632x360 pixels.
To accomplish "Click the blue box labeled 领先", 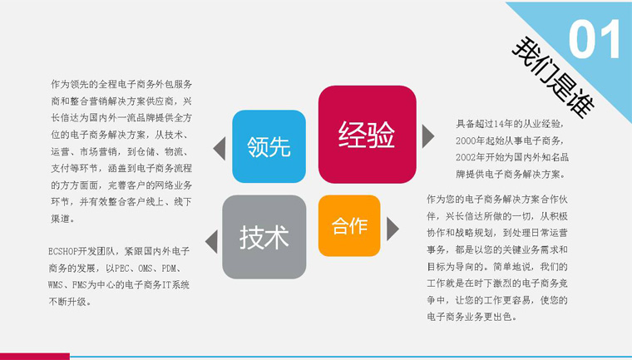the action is [x=269, y=146].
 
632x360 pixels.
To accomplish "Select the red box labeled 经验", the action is [x=368, y=134].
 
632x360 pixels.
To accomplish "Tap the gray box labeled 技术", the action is [x=264, y=237].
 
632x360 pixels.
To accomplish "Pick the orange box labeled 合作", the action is [x=349, y=226].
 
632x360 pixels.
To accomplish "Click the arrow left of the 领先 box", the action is [x=220, y=148].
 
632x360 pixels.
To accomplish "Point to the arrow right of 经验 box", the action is [x=428, y=136].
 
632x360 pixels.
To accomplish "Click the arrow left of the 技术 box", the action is [x=211, y=242].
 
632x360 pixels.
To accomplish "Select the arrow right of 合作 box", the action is [x=393, y=229].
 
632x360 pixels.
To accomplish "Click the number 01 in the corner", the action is [x=595, y=40].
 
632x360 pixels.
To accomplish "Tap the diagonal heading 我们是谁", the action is [x=553, y=77].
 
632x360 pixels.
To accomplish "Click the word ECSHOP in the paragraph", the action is [x=62, y=252].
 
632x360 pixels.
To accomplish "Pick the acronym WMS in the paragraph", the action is [x=55, y=285].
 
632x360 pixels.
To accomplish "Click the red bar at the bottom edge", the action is [x=35, y=357].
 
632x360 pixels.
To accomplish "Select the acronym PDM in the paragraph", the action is [x=169, y=268].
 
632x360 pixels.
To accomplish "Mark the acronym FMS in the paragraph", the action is [x=79, y=285].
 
